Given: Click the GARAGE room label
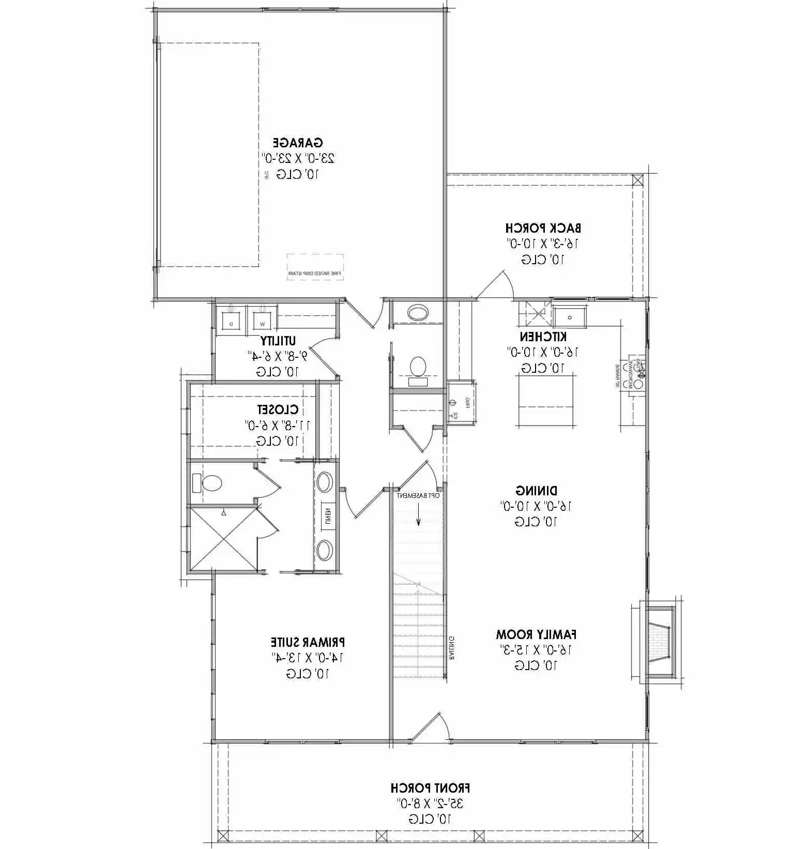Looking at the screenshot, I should [298, 143].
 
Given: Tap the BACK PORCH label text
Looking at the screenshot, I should [543, 228].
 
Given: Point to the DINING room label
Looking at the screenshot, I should [537, 490].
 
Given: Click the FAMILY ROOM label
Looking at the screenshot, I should [536, 634].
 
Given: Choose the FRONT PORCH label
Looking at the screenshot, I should [430, 789].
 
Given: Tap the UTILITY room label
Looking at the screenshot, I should [278, 341].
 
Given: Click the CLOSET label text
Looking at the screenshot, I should [278, 410].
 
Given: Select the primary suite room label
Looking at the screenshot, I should [308, 642].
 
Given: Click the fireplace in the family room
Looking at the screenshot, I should [658, 641].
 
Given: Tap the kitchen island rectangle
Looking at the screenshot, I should [547, 401].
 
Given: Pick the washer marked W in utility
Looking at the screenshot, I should [263, 317].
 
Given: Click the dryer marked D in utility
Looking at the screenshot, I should [231, 317].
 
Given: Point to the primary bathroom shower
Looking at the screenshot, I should [223, 540].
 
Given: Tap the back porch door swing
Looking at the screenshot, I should [496, 284].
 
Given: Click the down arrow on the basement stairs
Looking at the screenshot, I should [418, 517].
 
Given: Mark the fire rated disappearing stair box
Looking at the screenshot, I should [315, 267].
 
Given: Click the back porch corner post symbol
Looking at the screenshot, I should [638, 180].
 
